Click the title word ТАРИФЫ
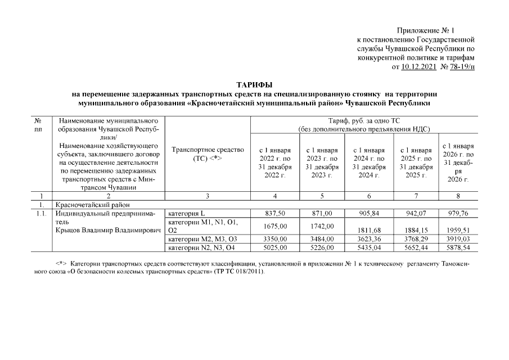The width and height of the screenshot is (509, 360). click(254, 84)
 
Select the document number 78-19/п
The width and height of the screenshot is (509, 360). click(460, 66)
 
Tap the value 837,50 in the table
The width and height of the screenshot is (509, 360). click(274, 214)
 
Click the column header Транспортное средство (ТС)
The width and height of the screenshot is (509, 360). click(208, 154)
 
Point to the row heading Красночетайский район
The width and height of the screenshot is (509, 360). click(84, 205)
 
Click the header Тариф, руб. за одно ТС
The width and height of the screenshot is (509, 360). click(364, 120)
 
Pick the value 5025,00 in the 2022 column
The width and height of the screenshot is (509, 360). click(274, 247)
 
